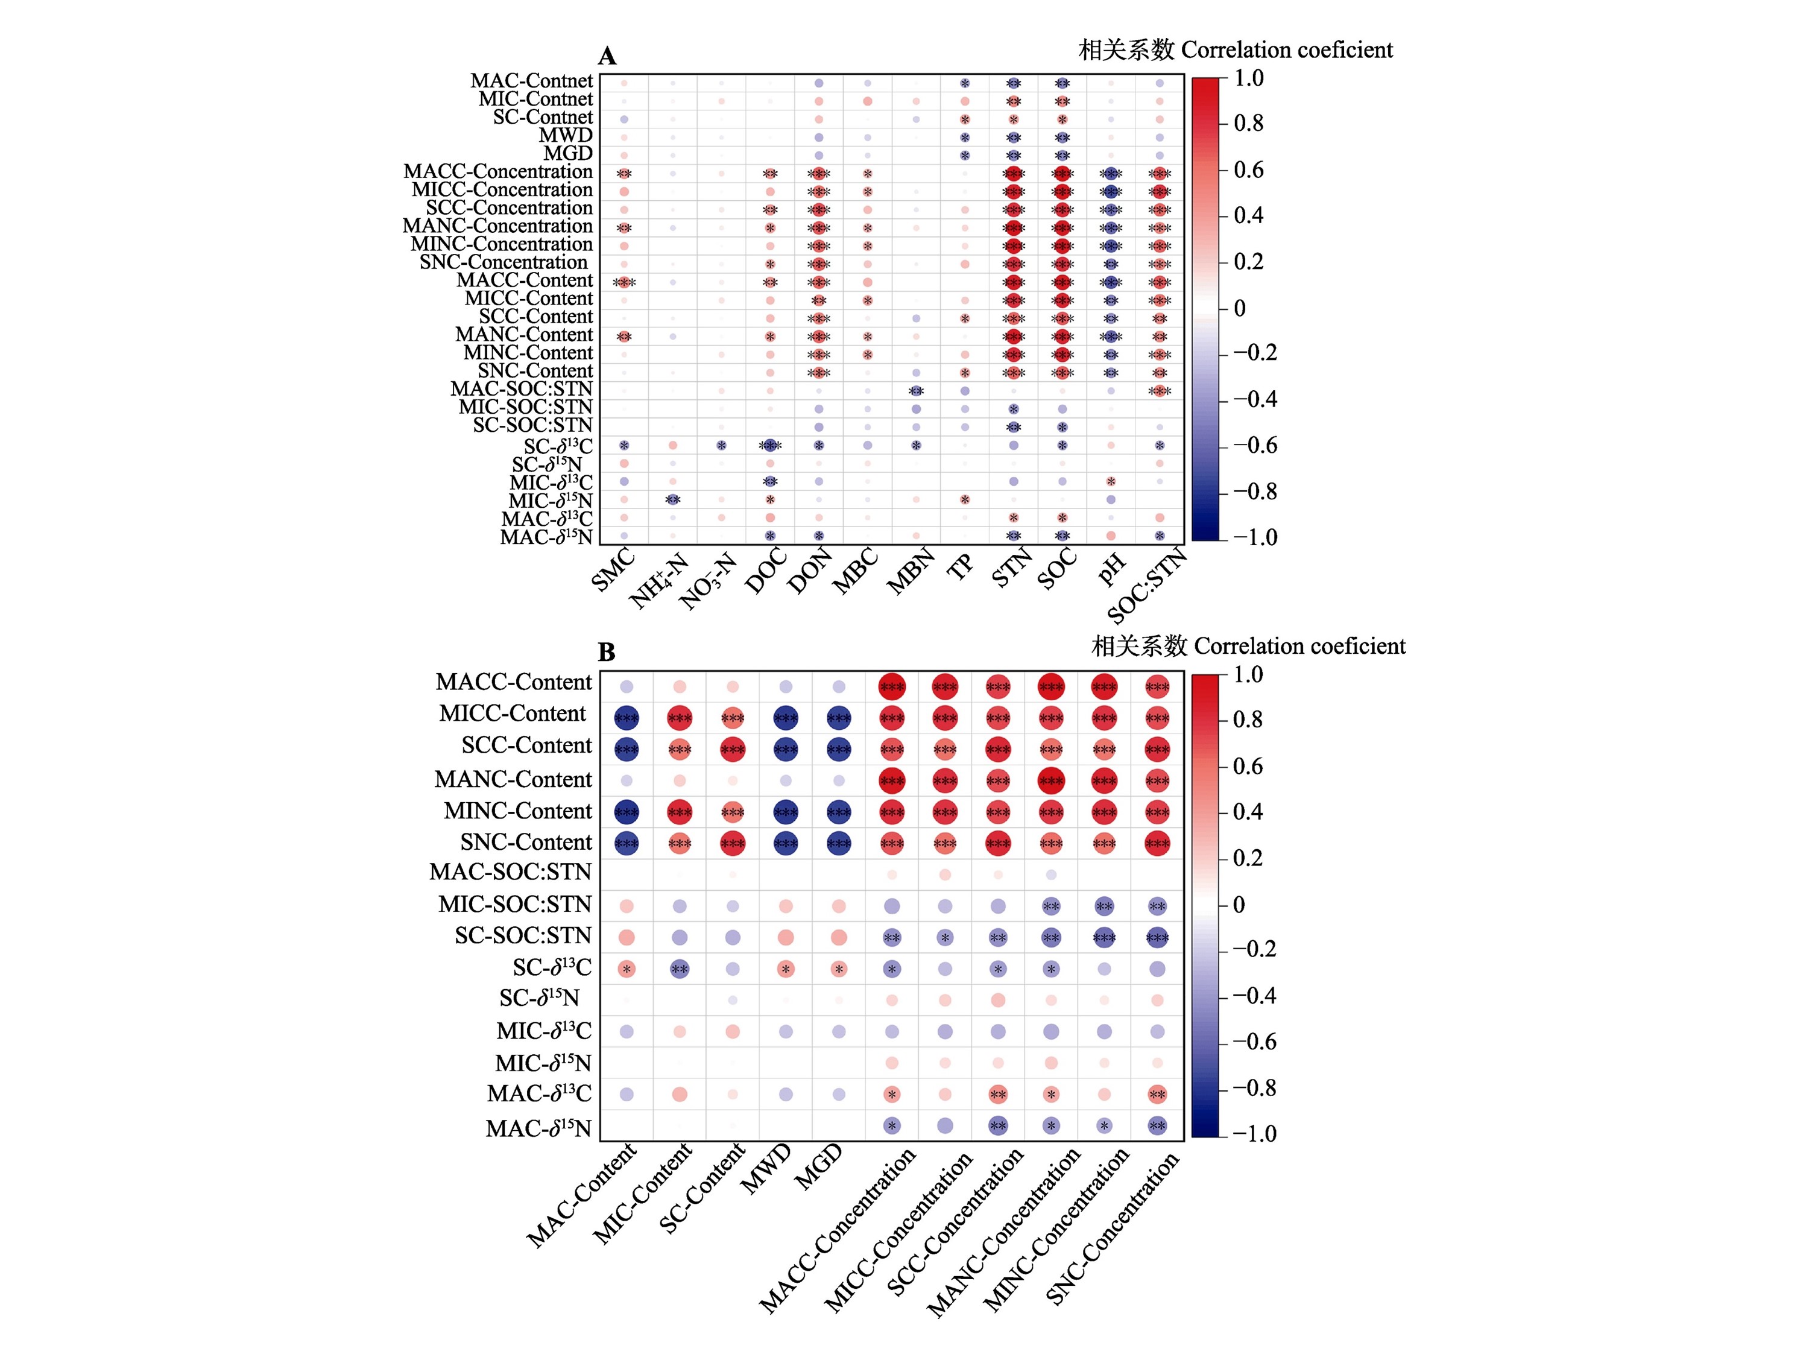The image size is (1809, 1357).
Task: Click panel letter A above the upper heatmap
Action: tap(607, 57)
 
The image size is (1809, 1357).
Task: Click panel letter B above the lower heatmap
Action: tap(606, 653)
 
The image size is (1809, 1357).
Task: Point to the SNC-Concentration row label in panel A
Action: tap(503, 262)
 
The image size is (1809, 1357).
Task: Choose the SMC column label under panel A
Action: tap(613, 570)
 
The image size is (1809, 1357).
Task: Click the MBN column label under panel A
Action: tap(910, 572)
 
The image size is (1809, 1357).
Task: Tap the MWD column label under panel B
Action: tap(766, 1169)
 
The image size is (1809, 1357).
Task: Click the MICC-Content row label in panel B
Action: tap(513, 714)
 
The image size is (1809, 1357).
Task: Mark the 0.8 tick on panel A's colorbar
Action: tap(1248, 124)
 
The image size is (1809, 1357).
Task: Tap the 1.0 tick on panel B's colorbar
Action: tap(1248, 675)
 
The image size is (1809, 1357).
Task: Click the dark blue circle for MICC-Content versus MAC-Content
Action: tap(627, 718)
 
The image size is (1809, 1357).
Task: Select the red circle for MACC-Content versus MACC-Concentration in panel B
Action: tap(891, 687)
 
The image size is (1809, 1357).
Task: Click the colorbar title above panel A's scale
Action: tap(1235, 51)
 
